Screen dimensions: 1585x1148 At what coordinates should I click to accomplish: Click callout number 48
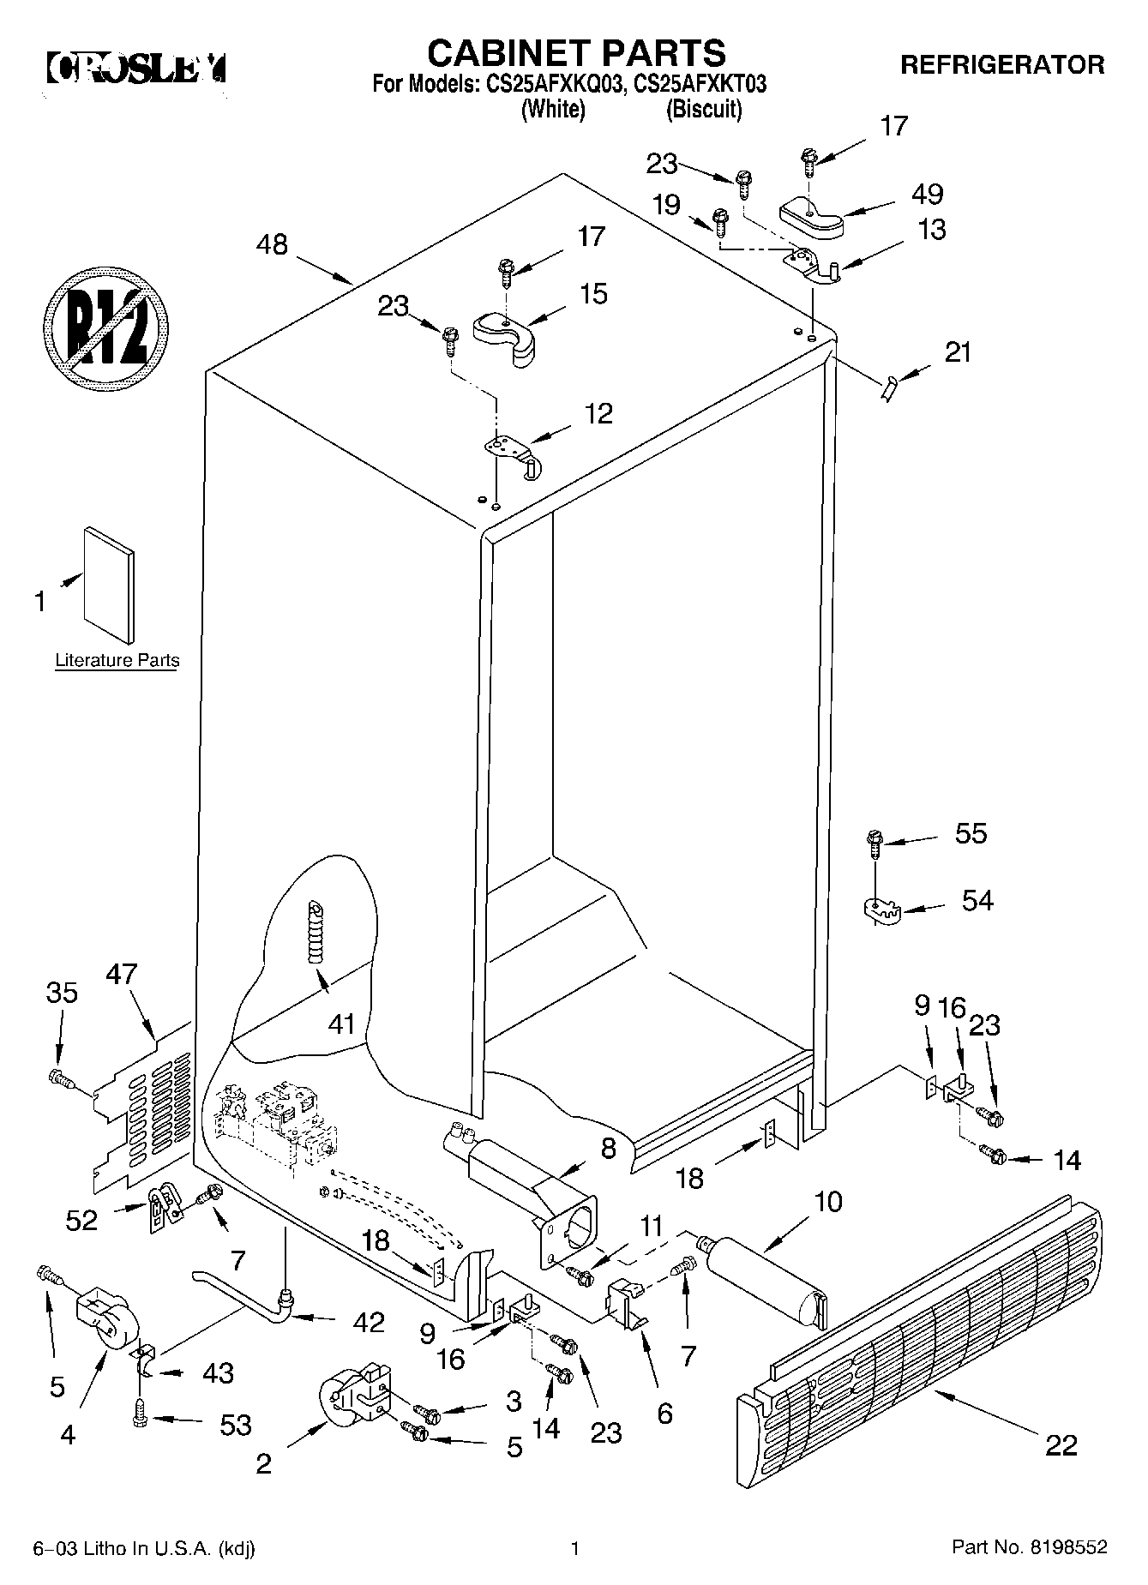(x=273, y=245)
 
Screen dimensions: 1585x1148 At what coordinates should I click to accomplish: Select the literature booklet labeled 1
(x=109, y=583)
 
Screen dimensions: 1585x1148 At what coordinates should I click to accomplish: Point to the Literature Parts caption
(x=117, y=660)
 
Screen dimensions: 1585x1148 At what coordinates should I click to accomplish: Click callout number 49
(x=928, y=195)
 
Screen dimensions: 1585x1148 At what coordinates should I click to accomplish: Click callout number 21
(x=958, y=352)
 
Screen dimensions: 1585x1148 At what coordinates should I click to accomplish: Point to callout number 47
(x=122, y=975)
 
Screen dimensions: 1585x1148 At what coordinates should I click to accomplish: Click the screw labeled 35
(x=59, y=1076)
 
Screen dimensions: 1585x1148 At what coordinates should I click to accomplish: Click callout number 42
(x=368, y=1323)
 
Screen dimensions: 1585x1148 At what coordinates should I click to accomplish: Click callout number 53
(x=235, y=1424)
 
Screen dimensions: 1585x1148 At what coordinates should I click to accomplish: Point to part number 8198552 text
(x=1030, y=1547)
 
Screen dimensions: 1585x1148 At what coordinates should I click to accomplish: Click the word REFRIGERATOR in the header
(x=1002, y=64)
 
